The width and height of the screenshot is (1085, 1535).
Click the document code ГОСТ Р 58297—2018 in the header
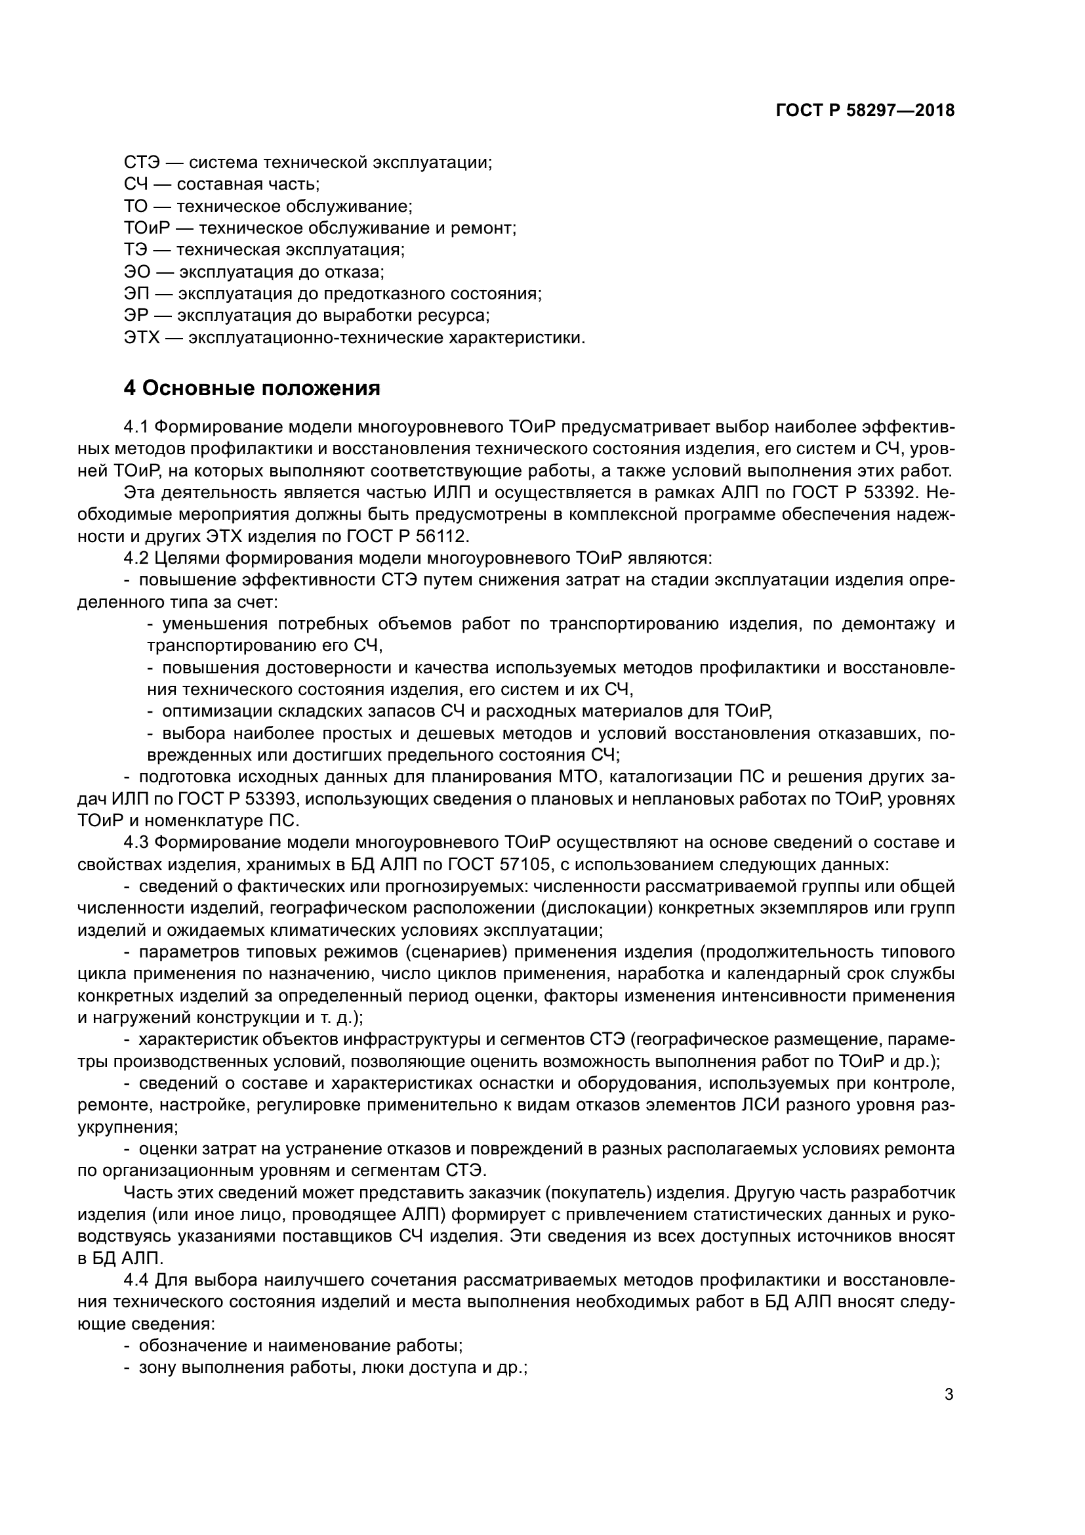865,111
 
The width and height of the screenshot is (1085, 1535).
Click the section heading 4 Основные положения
252,389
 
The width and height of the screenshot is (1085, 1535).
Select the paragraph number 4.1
137,427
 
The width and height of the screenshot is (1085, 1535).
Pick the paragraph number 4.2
137,558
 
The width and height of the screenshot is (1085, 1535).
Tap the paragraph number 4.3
137,843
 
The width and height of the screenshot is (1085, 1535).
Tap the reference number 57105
525,864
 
